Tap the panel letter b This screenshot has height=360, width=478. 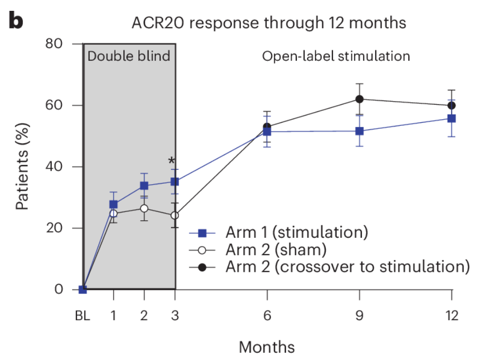click(x=16, y=22)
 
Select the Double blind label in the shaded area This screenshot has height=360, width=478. click(x=129, y=56)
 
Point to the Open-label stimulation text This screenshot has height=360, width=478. click(x=336, y=56)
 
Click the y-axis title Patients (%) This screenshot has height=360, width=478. click(x=22, y=166)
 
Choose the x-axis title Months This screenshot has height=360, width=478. click(x=267, y=346)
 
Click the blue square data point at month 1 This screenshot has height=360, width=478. click(x=114, y=204)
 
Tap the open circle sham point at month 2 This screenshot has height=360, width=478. click(x=144, y=208)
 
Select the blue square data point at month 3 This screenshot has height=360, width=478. click(x=175, y=182)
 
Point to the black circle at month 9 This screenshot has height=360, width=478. click(x=359, y=99)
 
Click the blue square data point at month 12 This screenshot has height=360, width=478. click(x=452, y=118)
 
